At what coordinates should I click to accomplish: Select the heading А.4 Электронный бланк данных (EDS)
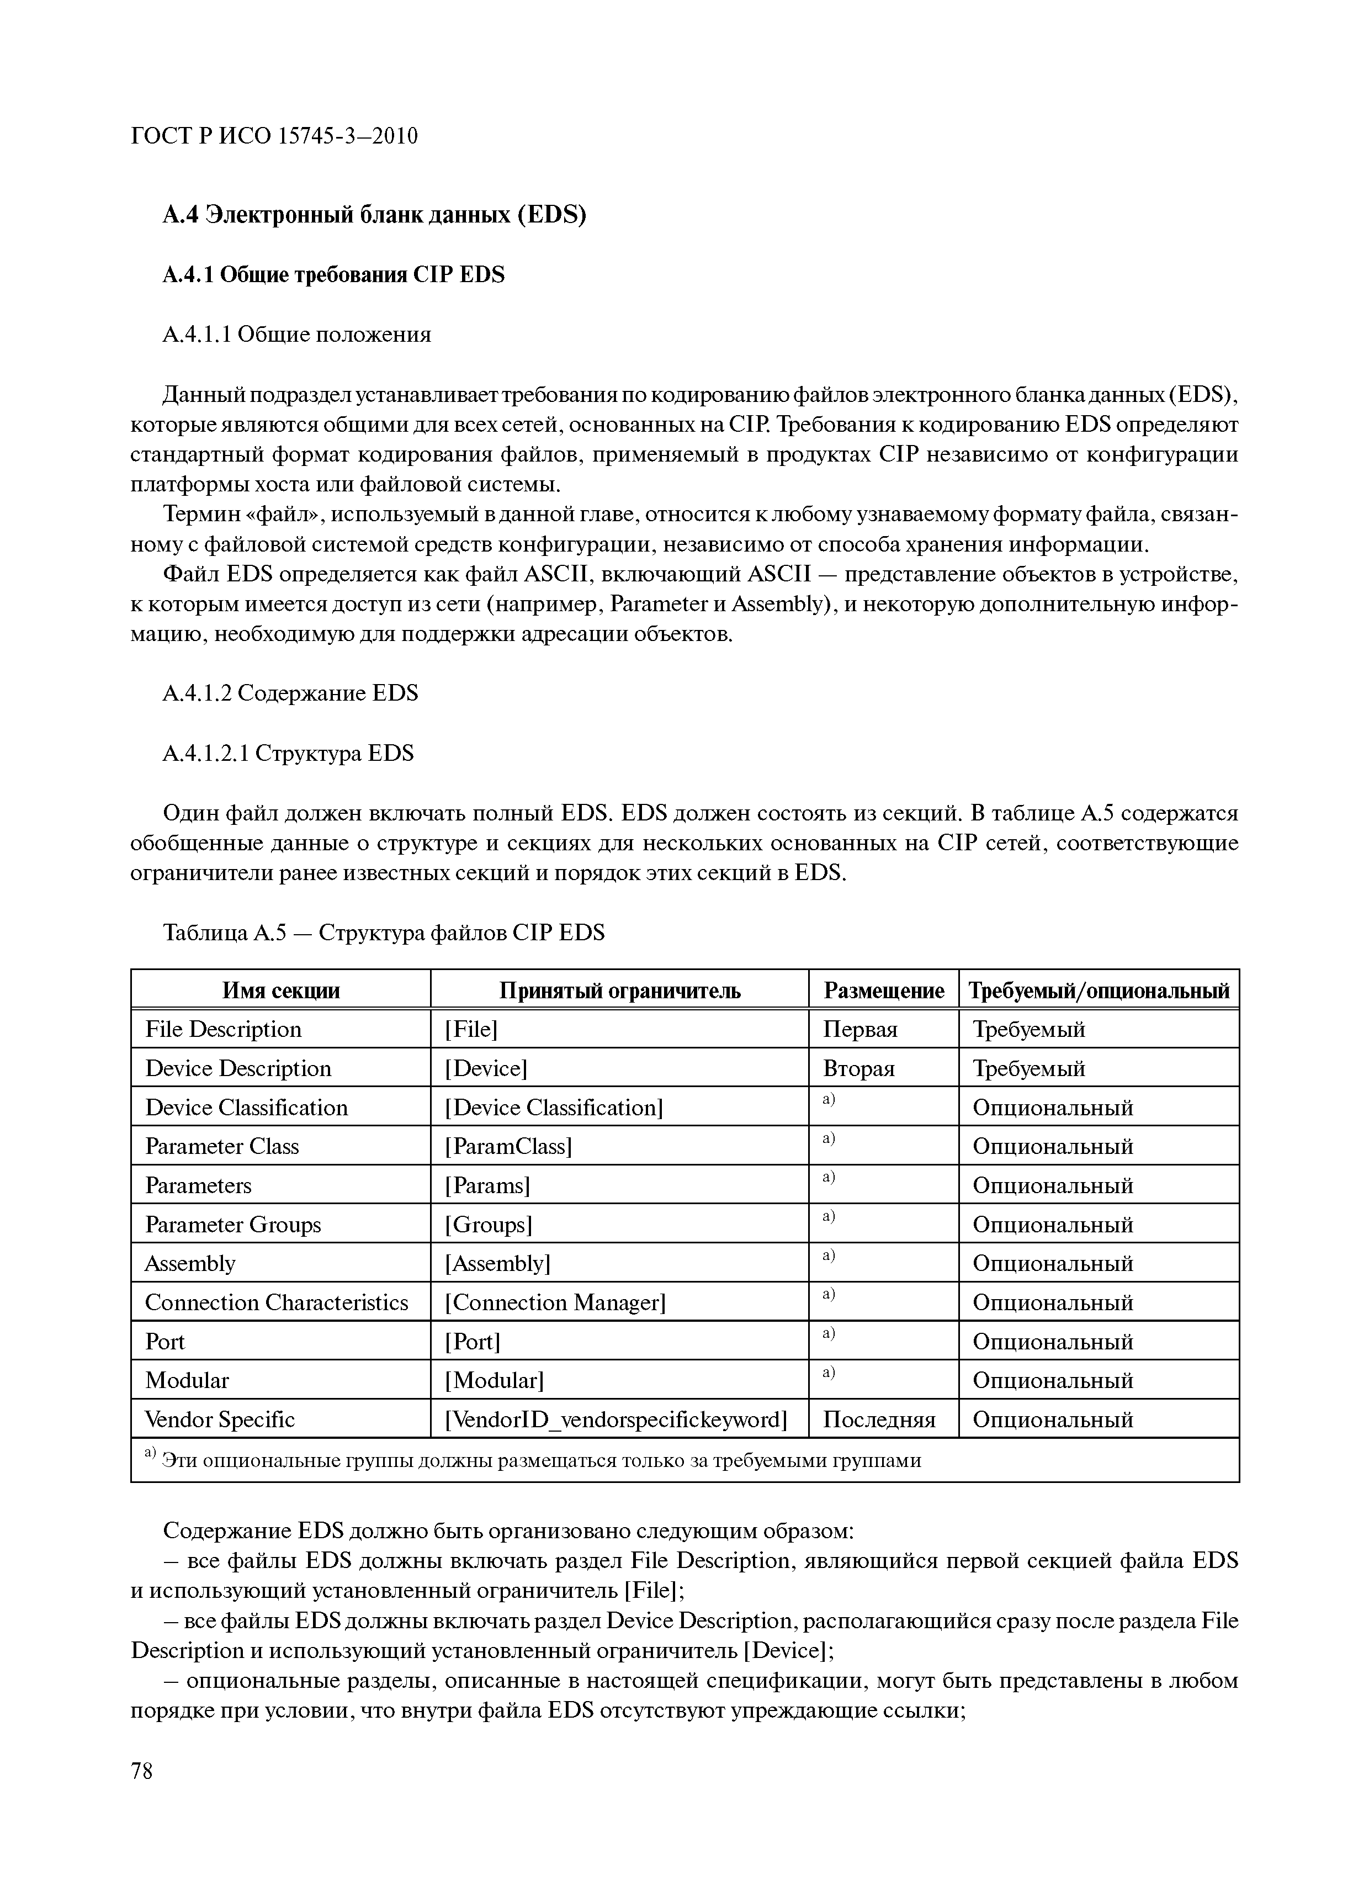(x=374, y=215)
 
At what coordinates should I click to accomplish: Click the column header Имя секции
(x=281, y=990)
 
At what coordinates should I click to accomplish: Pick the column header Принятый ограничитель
(x=619, y=990)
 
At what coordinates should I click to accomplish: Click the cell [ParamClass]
(x=508, y=1146)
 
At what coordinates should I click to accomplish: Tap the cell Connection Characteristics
(x=276, y=1302)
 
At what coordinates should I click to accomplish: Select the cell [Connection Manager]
(x=555, y=1302)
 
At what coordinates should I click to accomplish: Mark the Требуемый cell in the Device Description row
(x=1029, y=1069)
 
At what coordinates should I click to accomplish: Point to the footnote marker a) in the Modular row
(x=829, y=1371)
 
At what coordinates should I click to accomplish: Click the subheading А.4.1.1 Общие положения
(x=297, y=335)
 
